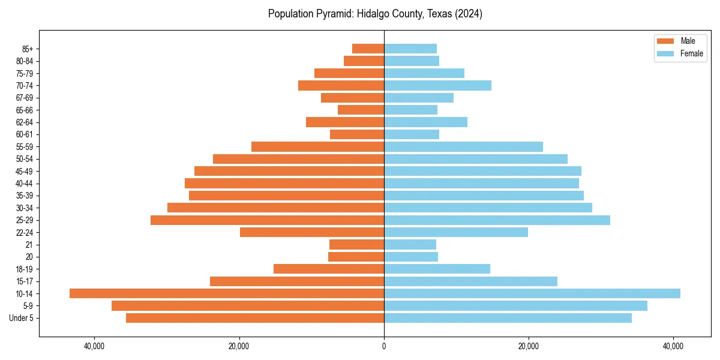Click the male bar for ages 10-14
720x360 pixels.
pos(227,293)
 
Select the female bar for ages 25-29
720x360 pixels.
pos(497,220)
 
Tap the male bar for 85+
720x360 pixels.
pos(368,49)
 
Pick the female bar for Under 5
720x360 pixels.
pos(508,318)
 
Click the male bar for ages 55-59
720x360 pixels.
pos(317,146)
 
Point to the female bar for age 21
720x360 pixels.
pos(410,244)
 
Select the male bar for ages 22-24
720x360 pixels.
pos(312,232)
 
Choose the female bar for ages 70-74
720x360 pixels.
pos(437,85)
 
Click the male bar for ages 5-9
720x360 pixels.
pos(248,306)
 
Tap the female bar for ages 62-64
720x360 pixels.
pos(425,122)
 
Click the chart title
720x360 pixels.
pos(375,14)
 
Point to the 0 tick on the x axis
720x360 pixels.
pos(384,346)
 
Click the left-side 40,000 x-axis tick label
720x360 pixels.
pos(95,346)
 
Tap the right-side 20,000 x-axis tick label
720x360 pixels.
pos(529,346)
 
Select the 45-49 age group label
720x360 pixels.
pos(24,171)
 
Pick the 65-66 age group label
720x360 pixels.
pos(24,110)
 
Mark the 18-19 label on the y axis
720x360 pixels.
pos(24,269)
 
